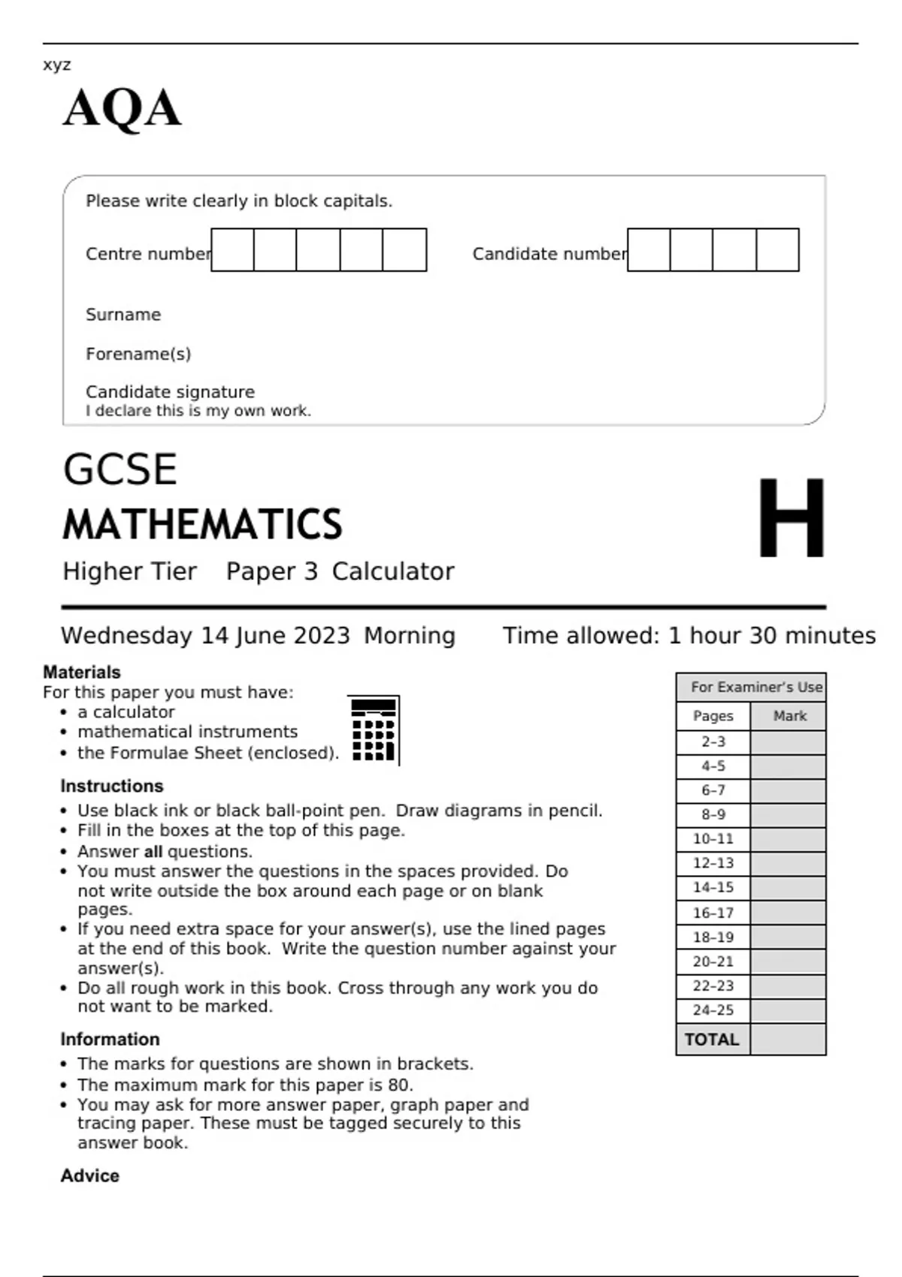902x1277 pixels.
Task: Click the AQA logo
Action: click(122, 109)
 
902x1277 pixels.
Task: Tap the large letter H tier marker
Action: click(791, 518)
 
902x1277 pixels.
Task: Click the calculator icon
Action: click(374, 730)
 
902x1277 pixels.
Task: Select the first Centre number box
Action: click(232, 250)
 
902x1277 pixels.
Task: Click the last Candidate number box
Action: click(777, 250)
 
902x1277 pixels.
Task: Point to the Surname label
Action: click(123, 315)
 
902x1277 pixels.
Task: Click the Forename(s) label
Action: click(138, 354)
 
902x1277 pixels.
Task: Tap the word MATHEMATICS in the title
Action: click(202, 524)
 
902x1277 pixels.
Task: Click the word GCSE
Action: click(120, 469)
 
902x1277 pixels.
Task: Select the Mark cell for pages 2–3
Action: click(788, 742)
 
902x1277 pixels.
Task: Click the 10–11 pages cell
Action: click(713, 839)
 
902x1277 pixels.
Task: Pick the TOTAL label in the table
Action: click(712, 1040)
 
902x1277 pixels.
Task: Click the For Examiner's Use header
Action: click(756, 687)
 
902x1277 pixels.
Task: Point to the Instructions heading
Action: click(112, 786)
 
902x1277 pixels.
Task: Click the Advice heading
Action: click(89, 1176)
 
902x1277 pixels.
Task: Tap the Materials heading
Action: click(82, 672)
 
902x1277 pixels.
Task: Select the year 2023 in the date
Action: click(321, 636)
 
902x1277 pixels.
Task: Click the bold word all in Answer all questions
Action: click(153, 852)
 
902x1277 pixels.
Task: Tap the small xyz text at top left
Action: click(57, 65)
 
